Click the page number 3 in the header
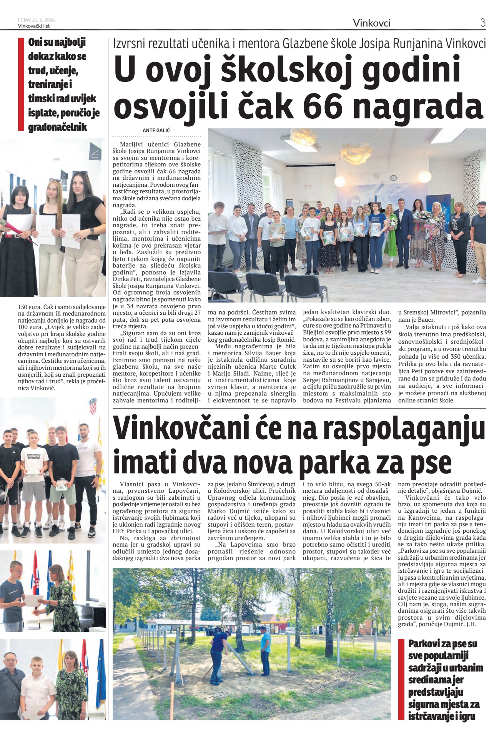point(482,23)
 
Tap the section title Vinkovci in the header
point(371,23)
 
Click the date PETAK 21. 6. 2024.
point(37,20)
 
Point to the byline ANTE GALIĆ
point(156,130)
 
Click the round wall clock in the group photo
point(393,178)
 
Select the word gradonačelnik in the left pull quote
point(58,127)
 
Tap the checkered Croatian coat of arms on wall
point(93,406)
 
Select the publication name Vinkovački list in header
point(34,26)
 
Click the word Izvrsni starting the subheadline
point(129,44)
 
